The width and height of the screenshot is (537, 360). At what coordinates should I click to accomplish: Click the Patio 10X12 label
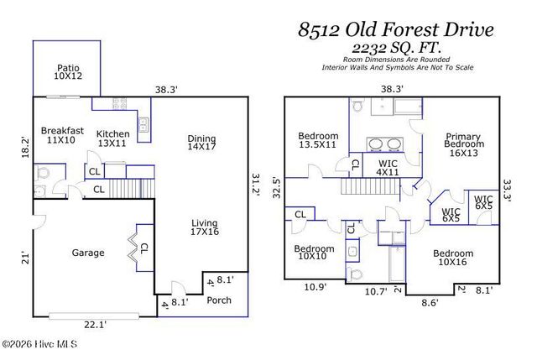(68, 72)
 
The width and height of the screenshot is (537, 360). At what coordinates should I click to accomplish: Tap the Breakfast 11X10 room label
(62, 135)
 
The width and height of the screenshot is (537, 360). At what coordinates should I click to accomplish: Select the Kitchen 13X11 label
(112, 138)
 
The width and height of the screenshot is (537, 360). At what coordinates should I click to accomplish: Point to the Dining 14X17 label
(201, 143)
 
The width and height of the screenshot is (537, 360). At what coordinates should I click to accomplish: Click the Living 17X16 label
(204, 227)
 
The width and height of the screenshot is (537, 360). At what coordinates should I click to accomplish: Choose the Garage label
(87, 253)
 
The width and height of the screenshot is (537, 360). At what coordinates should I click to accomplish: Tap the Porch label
(219, 300)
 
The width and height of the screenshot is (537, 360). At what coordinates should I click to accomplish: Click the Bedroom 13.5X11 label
(318, 140)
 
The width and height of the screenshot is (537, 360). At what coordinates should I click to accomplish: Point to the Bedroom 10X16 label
(453, 258)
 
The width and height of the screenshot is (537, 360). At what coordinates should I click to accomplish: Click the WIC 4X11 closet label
(387, 168)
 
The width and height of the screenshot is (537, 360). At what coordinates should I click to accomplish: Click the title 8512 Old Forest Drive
(396, 31)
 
